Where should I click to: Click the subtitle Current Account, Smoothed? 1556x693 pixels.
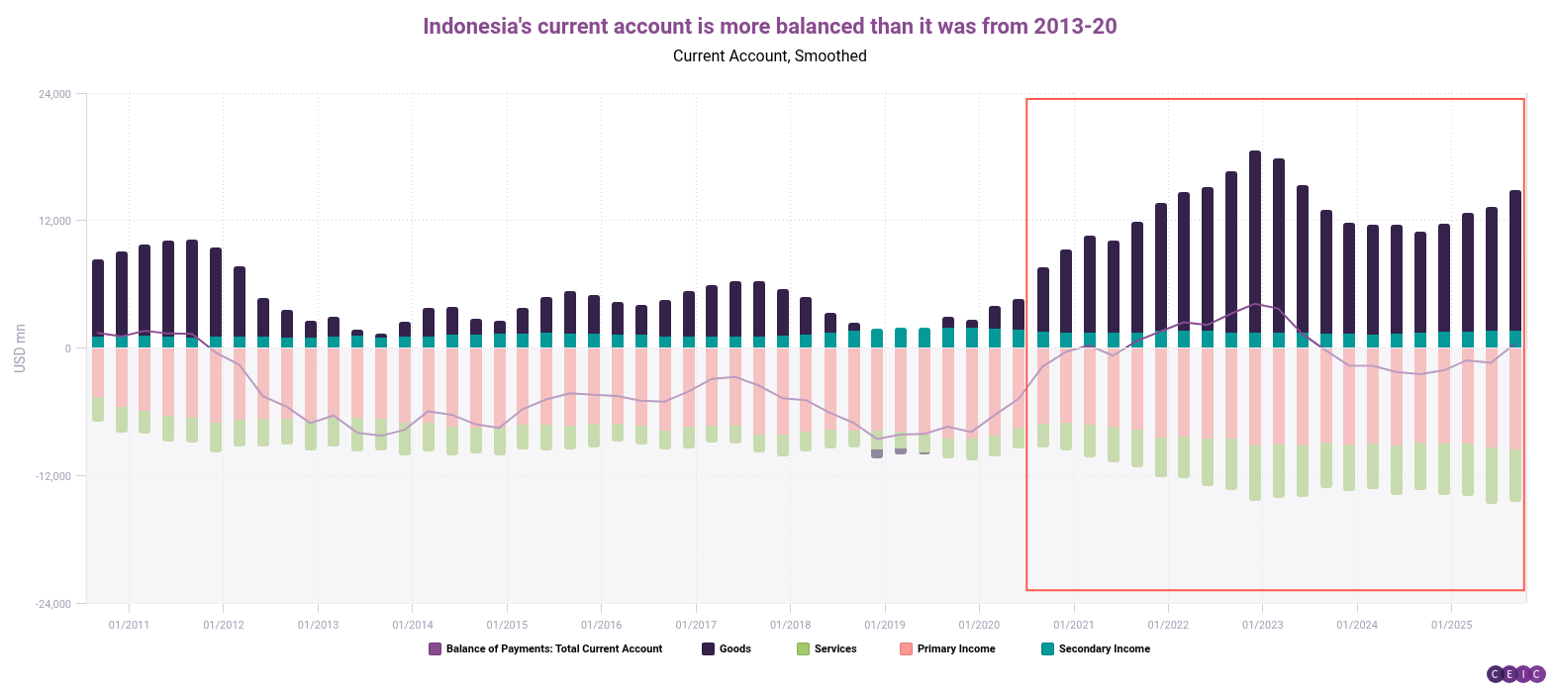pyautogui.click(x=769, y=56)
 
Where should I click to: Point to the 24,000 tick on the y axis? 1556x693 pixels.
pyautogui.click(x=54, y=94)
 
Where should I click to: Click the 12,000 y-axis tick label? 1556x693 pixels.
pyautogui.click(x=54, y=221)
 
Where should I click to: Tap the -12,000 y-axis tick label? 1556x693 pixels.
pyautogui.click(x=52, y=476)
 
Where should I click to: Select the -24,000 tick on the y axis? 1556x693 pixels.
pyautogui.click(x=52, y=604)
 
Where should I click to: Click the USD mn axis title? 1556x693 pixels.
pyautogui.click(x=20, y=348)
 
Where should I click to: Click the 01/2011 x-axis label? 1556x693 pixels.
pyautogui.click(x=129, y=625)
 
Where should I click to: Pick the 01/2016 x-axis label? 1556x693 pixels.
pyautogui.click(x=601, y=625)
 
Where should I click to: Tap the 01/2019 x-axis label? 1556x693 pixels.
pyautogui.click(x=884, y=625)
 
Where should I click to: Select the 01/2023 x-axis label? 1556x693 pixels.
pyautogui.click(x=1262, y=625)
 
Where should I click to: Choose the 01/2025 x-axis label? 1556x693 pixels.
pyautogui.click(x=1451, y=625)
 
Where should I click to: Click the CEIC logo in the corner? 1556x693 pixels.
pyautogui.click(x=1515, y=674)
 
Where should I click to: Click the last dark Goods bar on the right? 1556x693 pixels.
pyautogui.click(x=1514, y=257)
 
